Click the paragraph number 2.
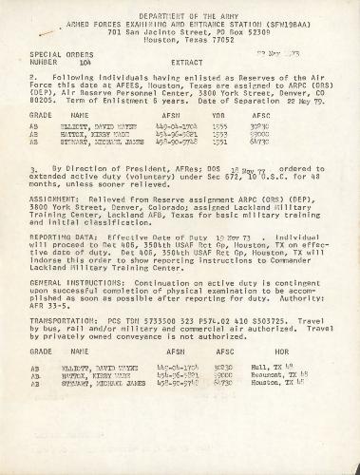point(32,75)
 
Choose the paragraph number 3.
point(32,165)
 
